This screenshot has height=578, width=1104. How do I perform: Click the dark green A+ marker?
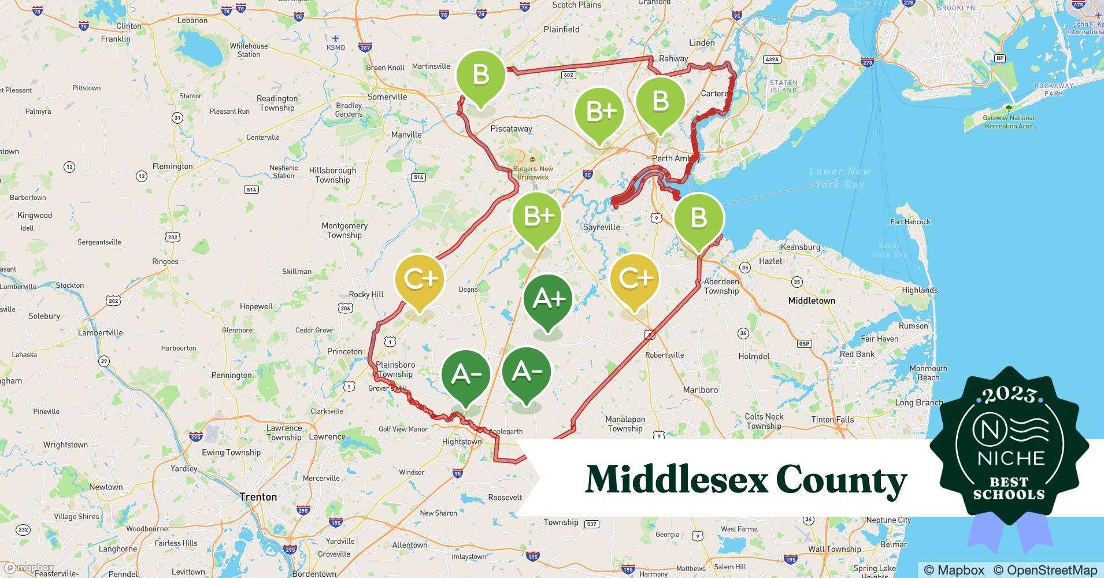pyautogui.click(x=547, y=299)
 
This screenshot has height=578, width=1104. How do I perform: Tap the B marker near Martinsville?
pyautogui.click(x=480, y=75)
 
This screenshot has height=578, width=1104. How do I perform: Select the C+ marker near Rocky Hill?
pyautogui.click(x=420, y=279)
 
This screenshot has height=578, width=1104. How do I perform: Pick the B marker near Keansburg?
pyautogui.click(x=698, y=218)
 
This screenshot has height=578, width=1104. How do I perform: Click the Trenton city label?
pyautogui.click(x=258, y=497)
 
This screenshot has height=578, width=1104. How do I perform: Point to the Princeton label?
pyautogui.click(x=344, y=351)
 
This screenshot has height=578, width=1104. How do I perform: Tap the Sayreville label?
pyautogui.click(x=601, y=227)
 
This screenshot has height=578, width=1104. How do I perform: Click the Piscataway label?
pyautogui.click(x=511, y=129)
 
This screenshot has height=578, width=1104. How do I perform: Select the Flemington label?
pyautogui.click(x=172, y=166)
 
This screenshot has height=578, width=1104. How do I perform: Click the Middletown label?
pyautogui.click(x=812, y=301)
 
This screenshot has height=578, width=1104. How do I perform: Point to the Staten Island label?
pyautogui.click(x=783, y=86)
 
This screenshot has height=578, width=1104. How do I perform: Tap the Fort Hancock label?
pyautogui.click(x=910, y=222)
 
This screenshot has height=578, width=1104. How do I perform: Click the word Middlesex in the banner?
pyautogui.click(x=676, y=480)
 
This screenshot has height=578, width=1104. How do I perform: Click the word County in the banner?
pyautogui.click(x=841, y=480)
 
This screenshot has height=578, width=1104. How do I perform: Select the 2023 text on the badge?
pyautogui.click(x=1009, y=395)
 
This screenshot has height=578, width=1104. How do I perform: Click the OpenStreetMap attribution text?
pyautogui.click(x=1045, y=570)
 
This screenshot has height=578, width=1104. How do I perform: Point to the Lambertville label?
pyautogui.click(x=101, y=333)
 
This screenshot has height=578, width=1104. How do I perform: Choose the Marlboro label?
pyautogui.click(x=700, y=390)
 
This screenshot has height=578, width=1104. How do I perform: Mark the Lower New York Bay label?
pyautogui.click(x=839, y=177)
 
